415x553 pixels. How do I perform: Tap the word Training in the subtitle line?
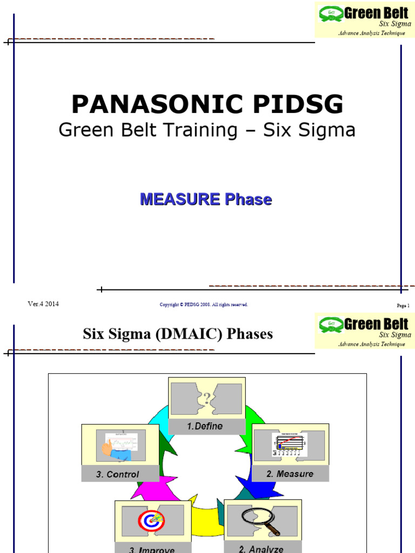[203, 130]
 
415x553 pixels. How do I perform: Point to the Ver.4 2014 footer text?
[43, 304]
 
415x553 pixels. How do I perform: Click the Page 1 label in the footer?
[403, 306]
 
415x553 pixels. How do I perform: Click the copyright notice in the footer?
[204, 305]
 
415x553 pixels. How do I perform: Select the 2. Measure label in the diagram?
[290, 474]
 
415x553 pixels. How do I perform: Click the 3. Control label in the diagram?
[117, 475]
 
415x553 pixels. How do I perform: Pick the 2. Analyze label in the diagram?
[261, 549]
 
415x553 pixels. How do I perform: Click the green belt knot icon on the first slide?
[330, 13]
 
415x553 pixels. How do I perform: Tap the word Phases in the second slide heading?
[250, 334]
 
